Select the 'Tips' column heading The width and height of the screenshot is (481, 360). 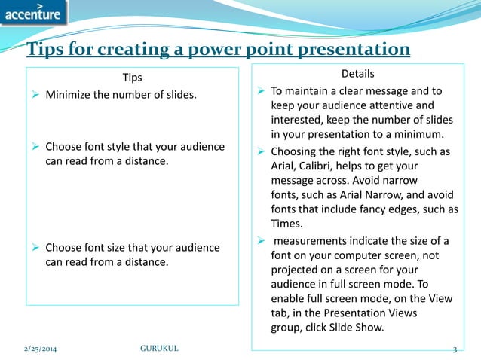(x=132, y=77)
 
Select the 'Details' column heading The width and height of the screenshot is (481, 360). (x=357, y=74)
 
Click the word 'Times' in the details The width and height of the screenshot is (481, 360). (x=286, y=222)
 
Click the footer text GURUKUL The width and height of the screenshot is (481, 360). (x=160, y=349)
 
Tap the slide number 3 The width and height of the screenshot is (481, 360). (x=455, y=349)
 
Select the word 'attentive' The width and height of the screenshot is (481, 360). (x=406, y=105)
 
